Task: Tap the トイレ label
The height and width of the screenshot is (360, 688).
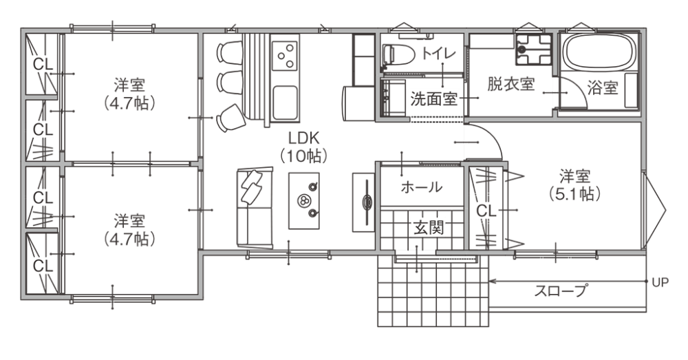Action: click(439, 54)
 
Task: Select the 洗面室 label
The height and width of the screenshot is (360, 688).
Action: click(434, 99)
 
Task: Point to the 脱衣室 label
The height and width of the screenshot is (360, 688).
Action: click(510, 83)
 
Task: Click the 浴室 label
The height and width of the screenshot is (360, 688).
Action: click(603, 88)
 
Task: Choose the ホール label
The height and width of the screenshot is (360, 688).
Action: click(422, 187)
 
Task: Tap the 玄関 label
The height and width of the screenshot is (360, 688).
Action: click(429, 227)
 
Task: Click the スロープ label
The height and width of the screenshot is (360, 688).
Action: click(560, 290)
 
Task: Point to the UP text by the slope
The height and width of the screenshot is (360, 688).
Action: click(660, 282)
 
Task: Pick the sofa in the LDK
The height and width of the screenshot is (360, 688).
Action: click(255, 207)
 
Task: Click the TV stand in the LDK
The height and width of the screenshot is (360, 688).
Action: click(363, 202)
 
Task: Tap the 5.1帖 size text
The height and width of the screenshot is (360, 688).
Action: click(574, 194)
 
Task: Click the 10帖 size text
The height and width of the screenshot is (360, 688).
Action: click(303, 156)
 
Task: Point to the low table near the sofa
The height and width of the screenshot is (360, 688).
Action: click(303, 200)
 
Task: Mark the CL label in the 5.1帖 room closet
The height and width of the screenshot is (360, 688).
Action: click(486, 211)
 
